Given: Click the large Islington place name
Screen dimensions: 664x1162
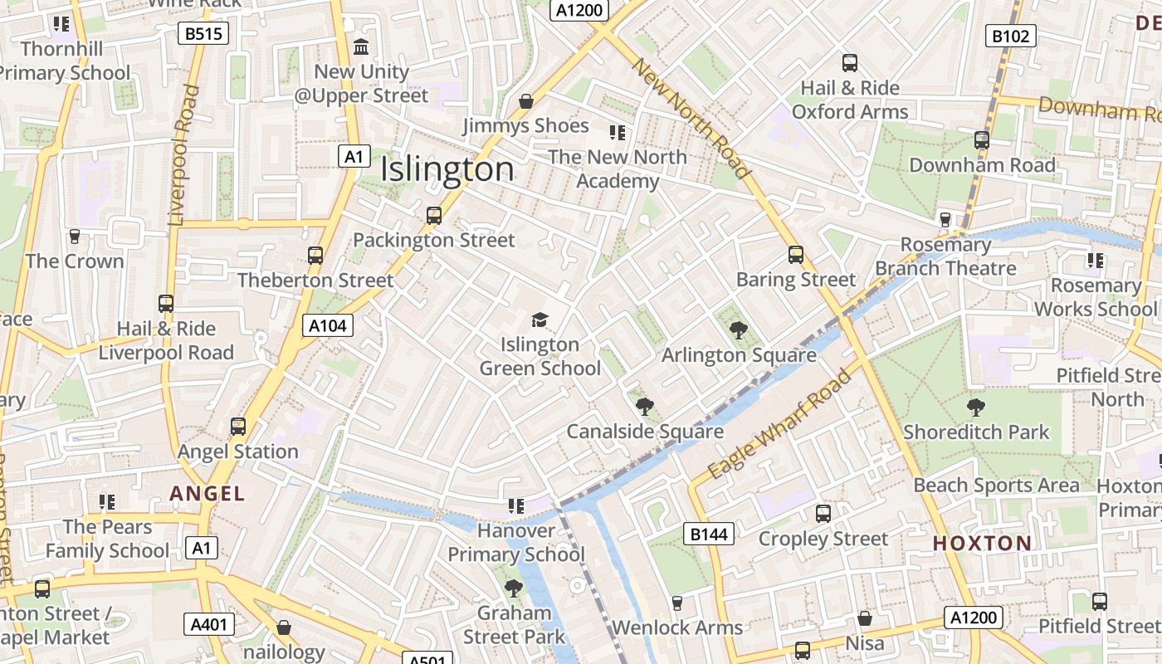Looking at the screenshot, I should [447, 169].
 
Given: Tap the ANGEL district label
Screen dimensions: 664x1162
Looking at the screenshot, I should [207, 493].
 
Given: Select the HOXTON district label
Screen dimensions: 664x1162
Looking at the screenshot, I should [982, 544].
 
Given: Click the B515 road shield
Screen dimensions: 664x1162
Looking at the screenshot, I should [203, 33].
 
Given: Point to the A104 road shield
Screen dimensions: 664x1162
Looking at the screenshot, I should [327, 325].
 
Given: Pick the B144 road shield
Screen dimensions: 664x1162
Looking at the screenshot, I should [709, 534].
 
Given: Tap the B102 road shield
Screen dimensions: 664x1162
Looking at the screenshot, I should [1010, 36].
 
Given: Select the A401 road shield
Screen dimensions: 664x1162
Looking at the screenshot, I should [207, 624].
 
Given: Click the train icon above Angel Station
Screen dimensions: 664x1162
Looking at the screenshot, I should [238, 427].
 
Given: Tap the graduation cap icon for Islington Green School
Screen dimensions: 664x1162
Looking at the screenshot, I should [539, 320].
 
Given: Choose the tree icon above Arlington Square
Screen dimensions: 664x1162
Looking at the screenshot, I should [738, 330].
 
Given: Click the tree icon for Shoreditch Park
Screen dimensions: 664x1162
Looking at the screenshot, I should [975, 407].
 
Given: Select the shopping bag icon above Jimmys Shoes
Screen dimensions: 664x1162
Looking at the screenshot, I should [525, 101].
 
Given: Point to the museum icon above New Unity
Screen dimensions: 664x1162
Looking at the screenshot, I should [361, 47].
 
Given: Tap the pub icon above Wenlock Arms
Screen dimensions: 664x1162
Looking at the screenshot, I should [676, 603].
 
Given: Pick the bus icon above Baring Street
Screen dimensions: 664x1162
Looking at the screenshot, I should [795, 255].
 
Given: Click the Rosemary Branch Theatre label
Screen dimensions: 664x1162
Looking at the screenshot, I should [945, 256].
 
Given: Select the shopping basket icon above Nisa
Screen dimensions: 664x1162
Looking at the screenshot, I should [864, 618].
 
